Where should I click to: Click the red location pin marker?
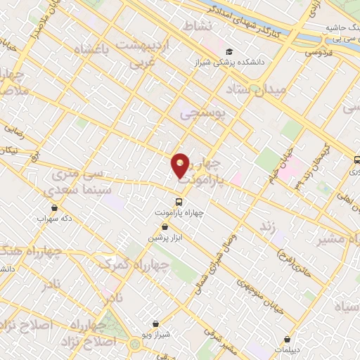click(x=181, y=165)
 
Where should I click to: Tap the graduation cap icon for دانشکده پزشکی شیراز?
click(x=229, y=51)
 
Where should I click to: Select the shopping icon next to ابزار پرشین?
click(x=165, y=226)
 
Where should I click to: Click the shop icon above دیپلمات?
click(x=287, y=338)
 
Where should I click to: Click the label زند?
click(x=266, y=226)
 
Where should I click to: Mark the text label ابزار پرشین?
click(x=165, y=238)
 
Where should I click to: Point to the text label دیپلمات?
click(x=287, y=350)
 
